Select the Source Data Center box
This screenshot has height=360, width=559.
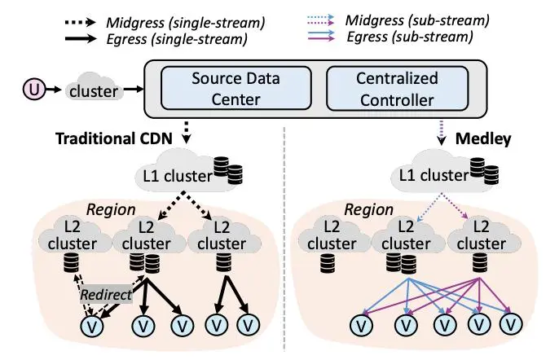(226, 88)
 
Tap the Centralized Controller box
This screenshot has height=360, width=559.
(398, 88)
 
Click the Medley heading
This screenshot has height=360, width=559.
(483, 139)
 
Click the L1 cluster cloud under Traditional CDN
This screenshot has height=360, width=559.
(176, 173)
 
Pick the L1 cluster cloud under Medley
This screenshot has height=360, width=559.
(434, 173)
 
